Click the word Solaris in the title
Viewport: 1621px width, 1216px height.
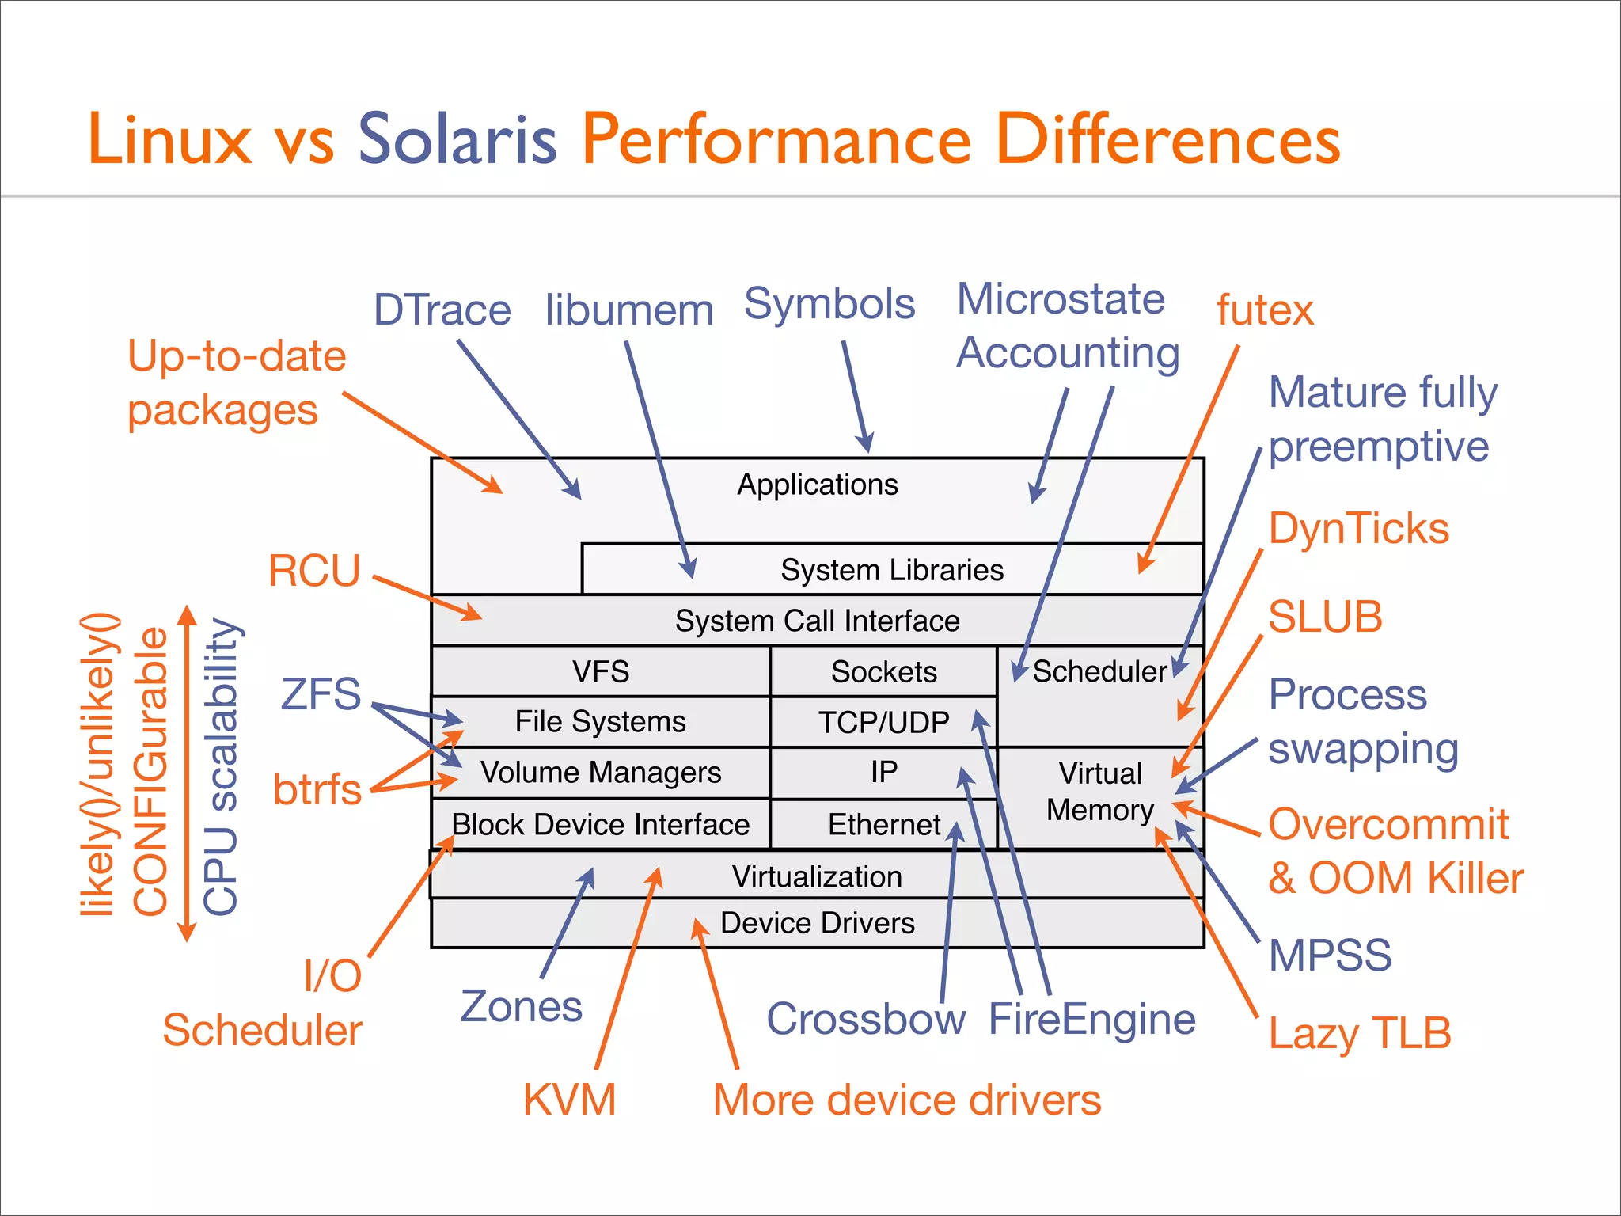[x=457, y=139]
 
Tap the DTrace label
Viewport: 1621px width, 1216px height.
[x=442, y=310]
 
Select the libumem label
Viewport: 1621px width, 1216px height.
[x=629, y=310]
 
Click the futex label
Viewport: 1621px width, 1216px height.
[x=1265, y=310]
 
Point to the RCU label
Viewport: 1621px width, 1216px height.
[x=314, y=571]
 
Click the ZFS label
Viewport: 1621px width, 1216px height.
[x=321, y=693]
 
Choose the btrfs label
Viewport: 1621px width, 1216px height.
[x=317, y=789]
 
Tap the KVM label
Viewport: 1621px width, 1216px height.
[x=569, y=1100]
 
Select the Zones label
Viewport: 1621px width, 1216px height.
[x=521, y=1007]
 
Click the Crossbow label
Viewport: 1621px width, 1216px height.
[x=866, y=1019]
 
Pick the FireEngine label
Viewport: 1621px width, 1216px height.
[x=1091, y=1019]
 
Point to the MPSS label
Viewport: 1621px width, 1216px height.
[x=1330, y=955]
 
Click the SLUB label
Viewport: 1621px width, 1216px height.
[x=1325, y=617]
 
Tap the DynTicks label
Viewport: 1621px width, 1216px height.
[x=1359, y=528]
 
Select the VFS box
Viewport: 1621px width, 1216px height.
[x=601, y=671]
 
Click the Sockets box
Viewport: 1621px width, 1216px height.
[x=883, y=671]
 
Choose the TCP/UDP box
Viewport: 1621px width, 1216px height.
[x=883, y=722]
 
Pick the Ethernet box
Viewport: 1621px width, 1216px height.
[x=883, y=824]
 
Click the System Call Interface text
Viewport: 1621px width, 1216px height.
[x=817, y=621]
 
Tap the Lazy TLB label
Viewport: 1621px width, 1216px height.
[x=1360, y=1033]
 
